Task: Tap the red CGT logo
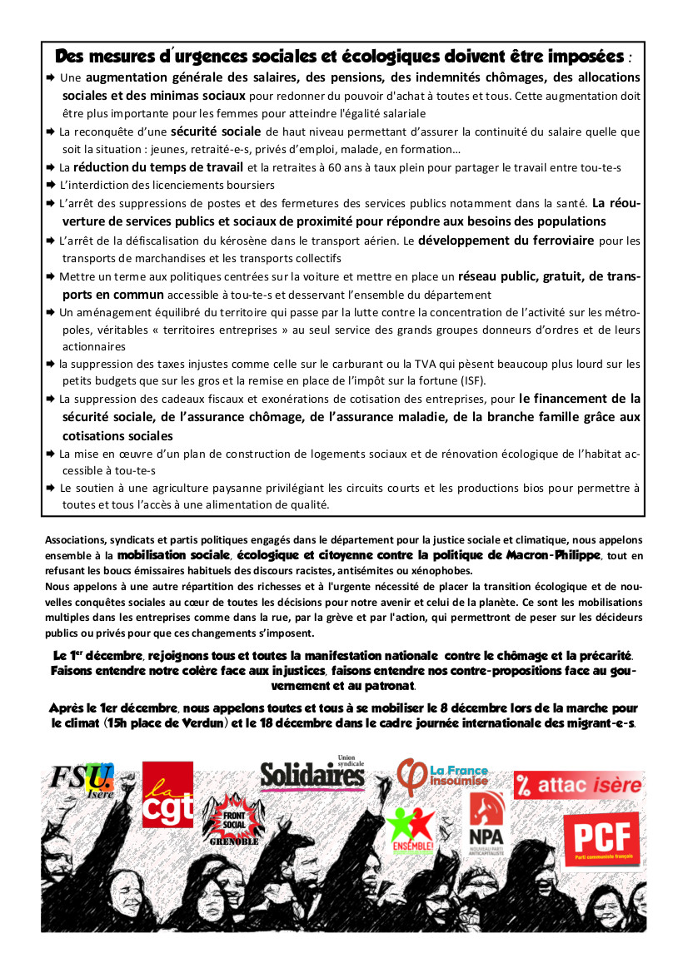pyautogui.click(x=167, y=796)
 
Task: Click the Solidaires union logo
pyautogui.click(x=312, y=774)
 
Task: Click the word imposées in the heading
pyautogui.click(x=582, y=57)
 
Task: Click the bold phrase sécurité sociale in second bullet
pyautogui.click(x=216, y=132)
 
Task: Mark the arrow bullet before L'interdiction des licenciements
pyautogui.click(x=51, y=185)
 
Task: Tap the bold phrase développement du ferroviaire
pyautogui.click(x=506, y=241)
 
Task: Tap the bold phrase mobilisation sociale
pyautogui.click(x=173, y=554)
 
